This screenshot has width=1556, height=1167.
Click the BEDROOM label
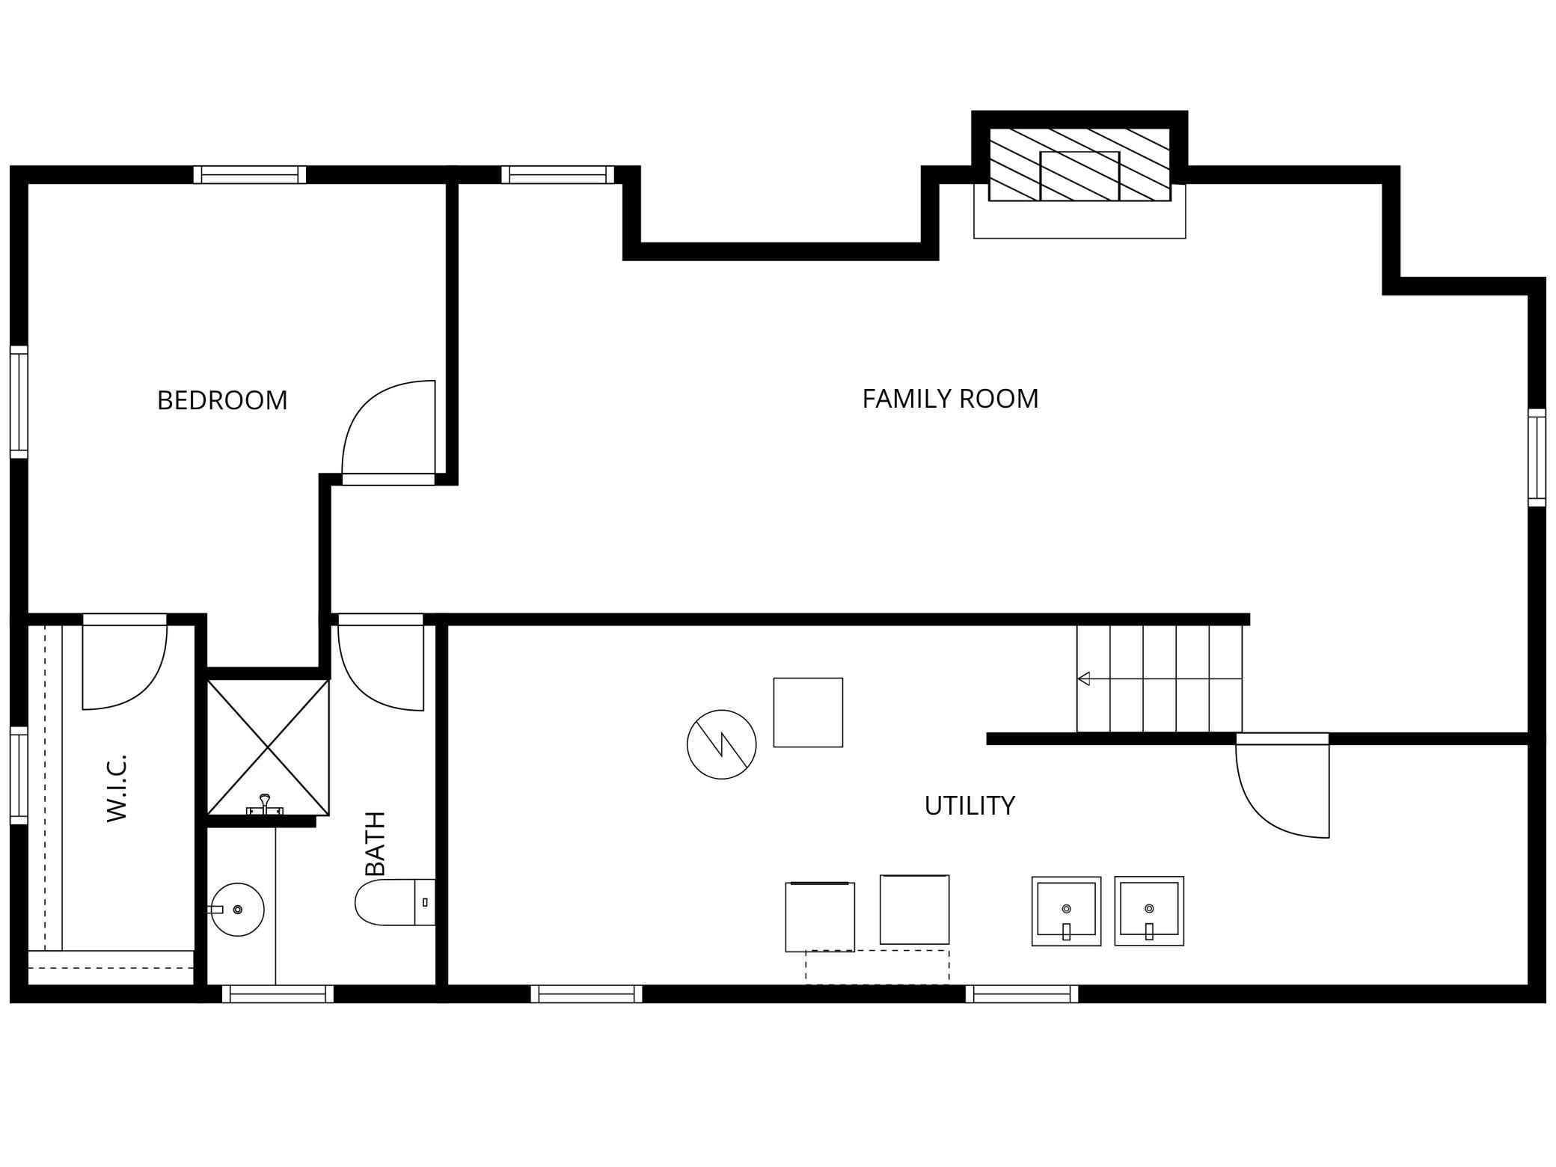pos(222,400)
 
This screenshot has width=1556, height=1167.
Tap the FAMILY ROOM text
pos(950,399)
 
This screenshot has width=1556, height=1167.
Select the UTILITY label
pos(970,806)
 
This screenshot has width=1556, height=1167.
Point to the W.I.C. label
pos(117,788)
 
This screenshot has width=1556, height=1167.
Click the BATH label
pos(375,843)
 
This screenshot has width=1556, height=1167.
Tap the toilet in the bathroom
pos(395,902)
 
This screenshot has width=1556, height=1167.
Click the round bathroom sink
pos(237,910)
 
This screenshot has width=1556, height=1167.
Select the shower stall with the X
pos(268,747)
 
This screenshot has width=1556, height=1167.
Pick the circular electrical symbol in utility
pos(722,744)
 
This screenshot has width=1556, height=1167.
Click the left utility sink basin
pos(1067,911)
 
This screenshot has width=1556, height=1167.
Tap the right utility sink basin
pos(1149,911)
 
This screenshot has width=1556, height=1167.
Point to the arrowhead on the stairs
pos(1083,679)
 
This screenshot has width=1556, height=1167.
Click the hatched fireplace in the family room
pos(1079,165)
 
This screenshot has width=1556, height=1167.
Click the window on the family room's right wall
pos(1537,458)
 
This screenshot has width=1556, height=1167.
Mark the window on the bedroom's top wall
pos(250,175)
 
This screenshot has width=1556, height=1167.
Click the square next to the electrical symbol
pos(808,712)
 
